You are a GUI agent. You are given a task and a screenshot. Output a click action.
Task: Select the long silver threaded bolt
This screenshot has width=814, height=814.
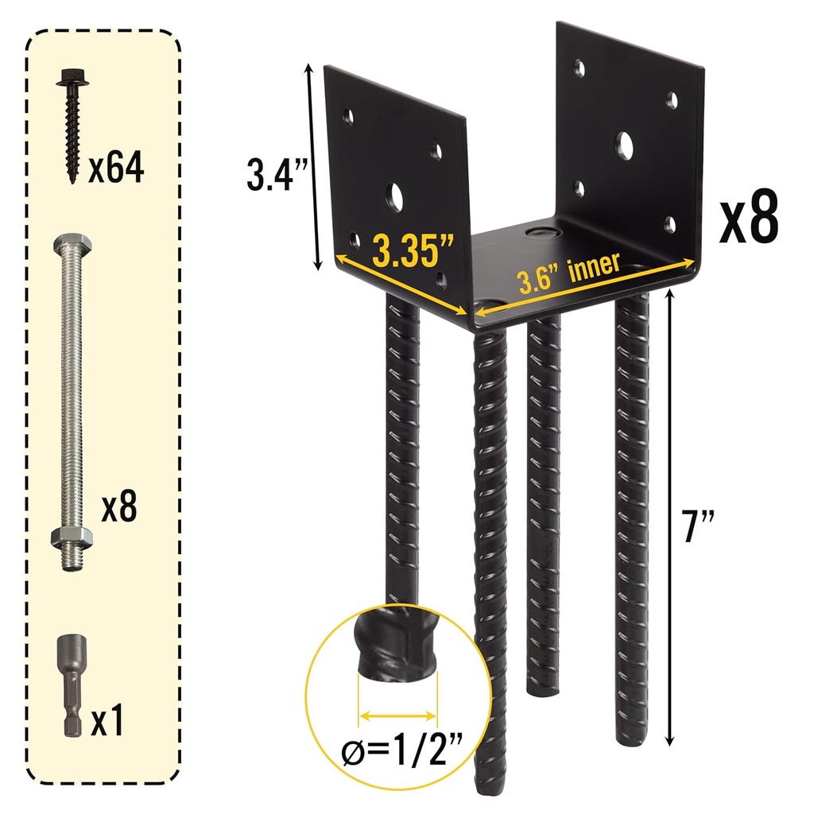[71, 397]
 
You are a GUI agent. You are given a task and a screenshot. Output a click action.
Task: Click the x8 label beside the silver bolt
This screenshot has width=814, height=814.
[119, 509]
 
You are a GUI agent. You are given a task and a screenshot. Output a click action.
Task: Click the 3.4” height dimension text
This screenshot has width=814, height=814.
[271, 175]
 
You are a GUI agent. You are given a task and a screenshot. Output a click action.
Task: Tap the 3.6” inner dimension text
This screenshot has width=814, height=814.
[568, 273]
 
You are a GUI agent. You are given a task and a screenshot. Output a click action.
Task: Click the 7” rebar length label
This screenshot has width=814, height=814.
[699, 525]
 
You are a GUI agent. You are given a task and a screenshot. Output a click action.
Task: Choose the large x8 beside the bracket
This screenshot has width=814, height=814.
[747, 220]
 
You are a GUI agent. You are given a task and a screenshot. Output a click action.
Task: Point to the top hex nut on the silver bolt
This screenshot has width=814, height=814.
[71, 242]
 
